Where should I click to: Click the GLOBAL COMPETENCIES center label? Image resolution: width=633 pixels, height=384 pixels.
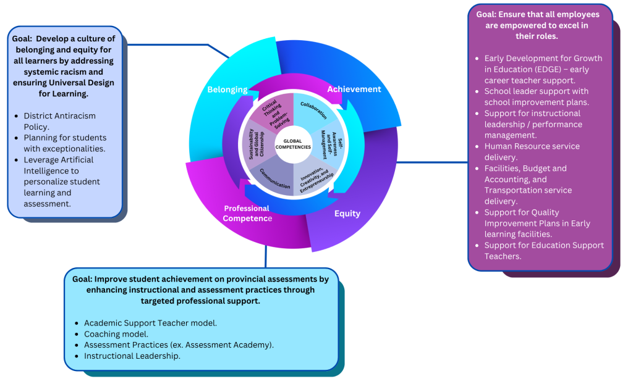point(292,144)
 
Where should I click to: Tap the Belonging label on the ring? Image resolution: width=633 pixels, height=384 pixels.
point(227,90)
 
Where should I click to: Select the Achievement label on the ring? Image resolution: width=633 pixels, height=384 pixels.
point(354,89)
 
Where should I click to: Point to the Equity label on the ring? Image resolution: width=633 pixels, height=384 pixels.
point(347,214)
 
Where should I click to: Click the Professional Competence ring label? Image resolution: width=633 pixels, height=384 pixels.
point(247,213)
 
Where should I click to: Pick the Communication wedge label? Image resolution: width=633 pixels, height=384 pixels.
point(275,178)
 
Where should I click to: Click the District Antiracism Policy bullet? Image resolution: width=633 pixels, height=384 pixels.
point(59,120)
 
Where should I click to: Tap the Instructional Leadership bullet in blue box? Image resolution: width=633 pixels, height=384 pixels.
point(132,356)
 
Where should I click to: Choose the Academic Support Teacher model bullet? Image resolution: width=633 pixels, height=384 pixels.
point(150,322)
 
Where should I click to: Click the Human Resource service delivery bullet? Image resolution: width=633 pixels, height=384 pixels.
point(532,152)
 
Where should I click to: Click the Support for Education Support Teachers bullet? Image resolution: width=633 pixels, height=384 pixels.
point(544,251)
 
